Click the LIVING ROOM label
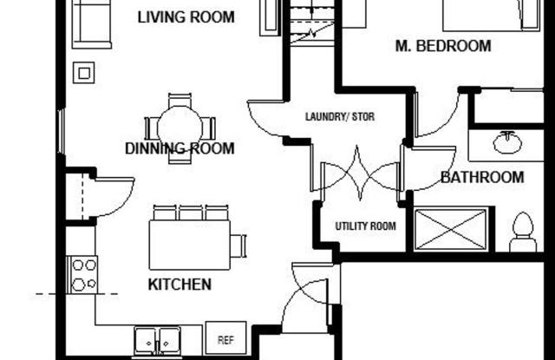[x=186, y=17]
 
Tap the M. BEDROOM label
[x=443, y=46]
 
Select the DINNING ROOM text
[x=180, y=148]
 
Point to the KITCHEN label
[x=180, y=285]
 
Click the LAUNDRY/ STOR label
[x=340, y=116]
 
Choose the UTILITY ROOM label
[x=366, y=226]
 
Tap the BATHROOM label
[x=482, y=177]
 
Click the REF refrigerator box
[x=225, y=337]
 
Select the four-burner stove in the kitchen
[x=82, y=275]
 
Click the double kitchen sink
[x=157, y=341]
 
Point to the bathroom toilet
[x=523, y=232]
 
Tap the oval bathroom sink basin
[x=507, y=142]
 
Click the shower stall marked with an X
[x=451, y=229]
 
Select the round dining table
[x=180, y=128]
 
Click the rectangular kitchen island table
[x=190, y=245]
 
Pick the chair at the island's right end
[x=238, y=245]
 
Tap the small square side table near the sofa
[x=84, y=73]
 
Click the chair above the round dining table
[x=180, y=100]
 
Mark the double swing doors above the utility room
[x=361, y=173]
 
